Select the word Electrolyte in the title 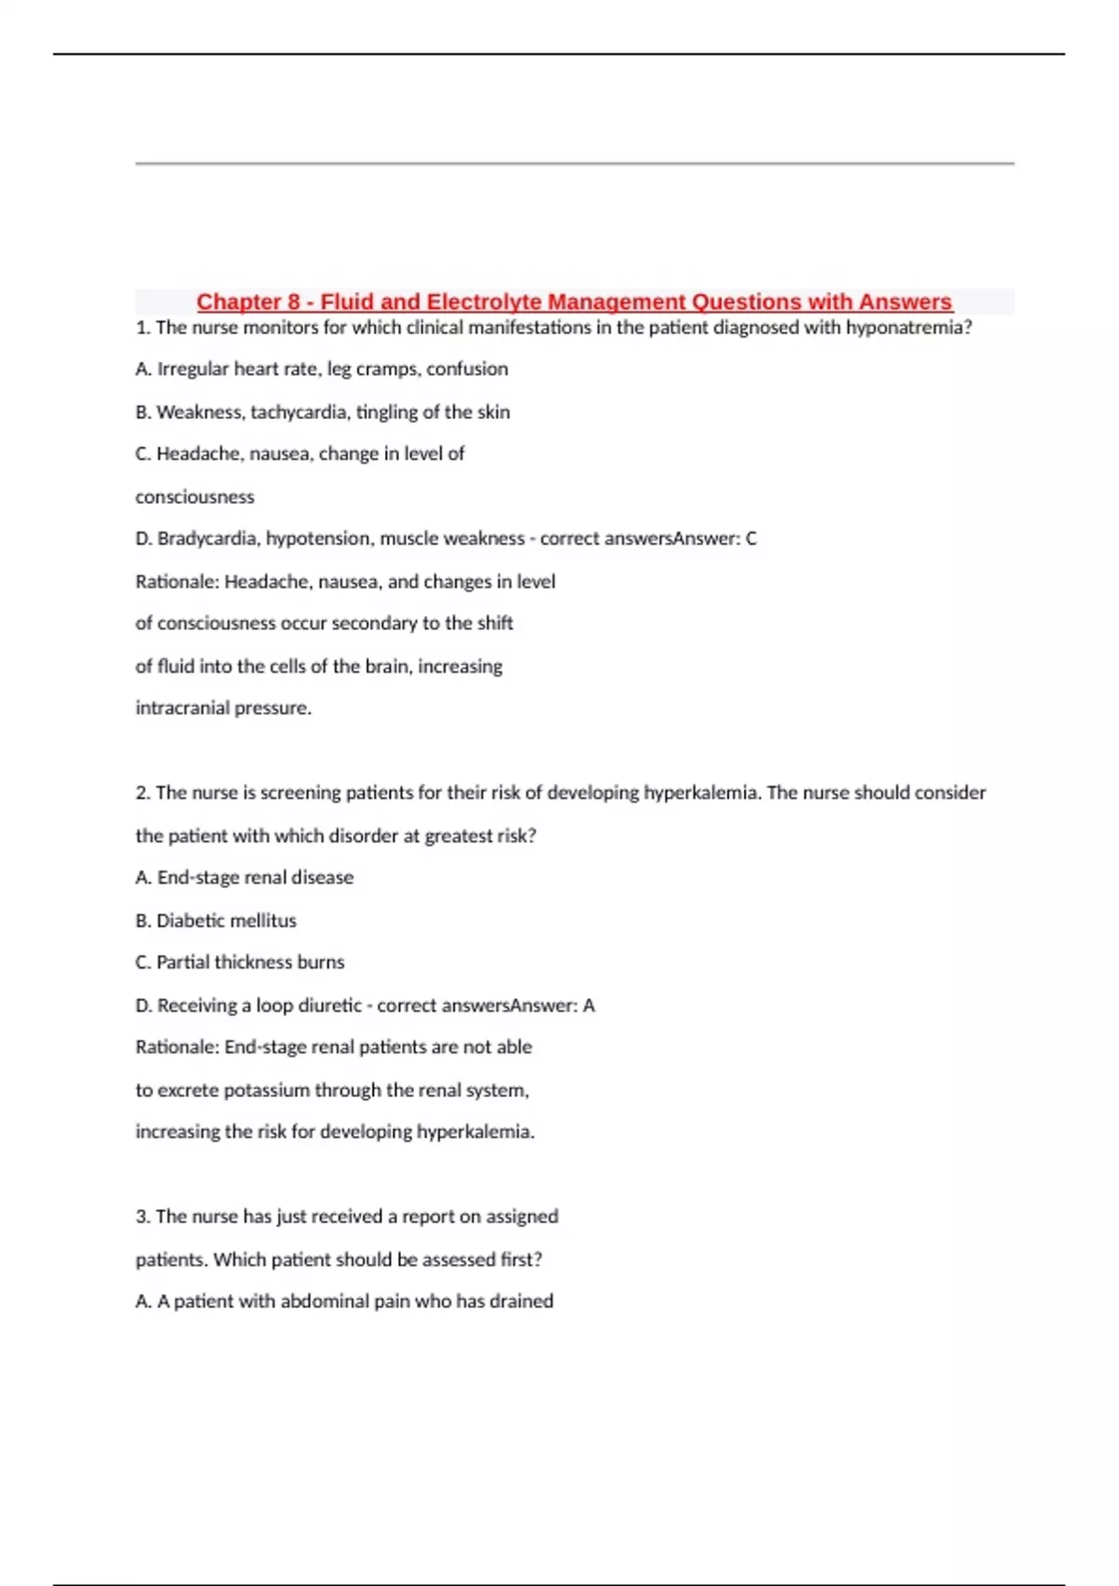[x=484, y=302]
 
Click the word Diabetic [x=190, y=921]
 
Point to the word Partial [x=183, y=963]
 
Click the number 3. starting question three [x=143, y=1217]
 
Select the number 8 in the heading [x=294, y=302]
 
